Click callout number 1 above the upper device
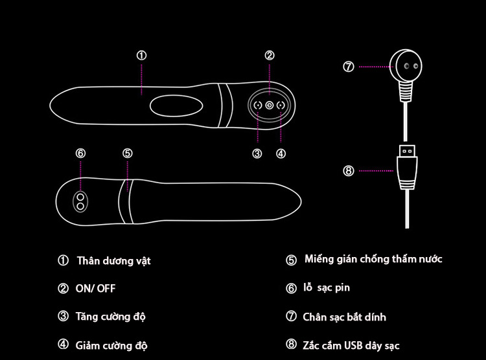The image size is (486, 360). pyautogui.click(x=141, y=56)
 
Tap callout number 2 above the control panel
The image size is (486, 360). pyautogui.click(x=270, y=56)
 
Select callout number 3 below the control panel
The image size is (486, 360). pyautogui.click(x=257, y=153)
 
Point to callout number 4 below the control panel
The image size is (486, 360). pyautogui.click(x=281, y=153)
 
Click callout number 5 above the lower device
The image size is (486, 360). pyautogui.click(x=128, y=153)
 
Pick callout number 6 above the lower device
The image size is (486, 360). pyautogui.click(x=80, y=153)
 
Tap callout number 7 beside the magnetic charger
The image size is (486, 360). pyautogui.click(x=349, y=66)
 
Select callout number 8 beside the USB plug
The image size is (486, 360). pyautogui.click(x=349, y=171)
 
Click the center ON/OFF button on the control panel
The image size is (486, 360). pyautogui.click(x=269, y=105)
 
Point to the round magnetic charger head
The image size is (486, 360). pyautogui.click(x=406, y=66)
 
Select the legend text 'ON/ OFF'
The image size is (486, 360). pyautogui.click(x=100, y=289)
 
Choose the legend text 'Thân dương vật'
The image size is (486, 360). pyautogui.click(x=113, y=261)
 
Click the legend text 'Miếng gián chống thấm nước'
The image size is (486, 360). pyautogui.click(x=373, y=259)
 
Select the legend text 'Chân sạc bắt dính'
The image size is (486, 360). pyautogui.click(x=344, y=317)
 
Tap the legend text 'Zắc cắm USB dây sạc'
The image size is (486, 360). pyautogui.click(x=351, y=345)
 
